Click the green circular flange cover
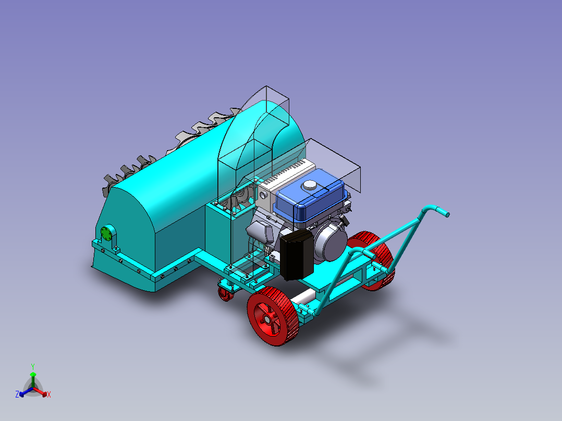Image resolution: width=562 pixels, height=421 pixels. click(106, 233)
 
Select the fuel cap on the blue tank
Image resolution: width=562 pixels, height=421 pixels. click(309, 185)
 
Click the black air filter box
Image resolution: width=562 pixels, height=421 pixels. click(296, 255)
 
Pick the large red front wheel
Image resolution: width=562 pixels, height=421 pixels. click(273, 316)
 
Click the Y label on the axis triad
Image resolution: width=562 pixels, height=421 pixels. click(33, 366)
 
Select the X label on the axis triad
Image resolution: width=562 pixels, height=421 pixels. click(49, 394)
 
